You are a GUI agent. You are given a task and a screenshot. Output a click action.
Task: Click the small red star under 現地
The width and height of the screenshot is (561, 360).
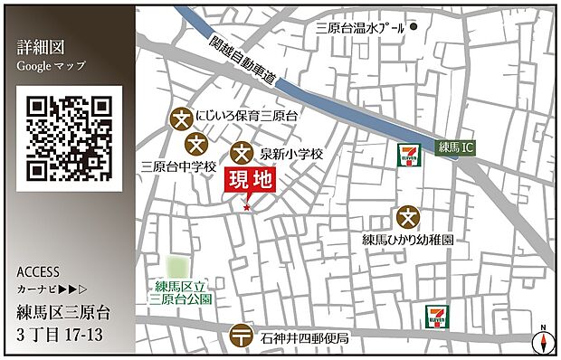pos(246,209)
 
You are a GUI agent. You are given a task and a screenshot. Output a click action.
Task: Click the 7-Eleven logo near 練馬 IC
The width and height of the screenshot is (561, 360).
pos(410,155)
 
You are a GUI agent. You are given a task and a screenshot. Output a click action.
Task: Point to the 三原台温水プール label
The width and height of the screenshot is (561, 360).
pos(359,28)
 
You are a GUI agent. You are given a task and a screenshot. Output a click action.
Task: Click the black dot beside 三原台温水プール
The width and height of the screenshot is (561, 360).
pos(414,27)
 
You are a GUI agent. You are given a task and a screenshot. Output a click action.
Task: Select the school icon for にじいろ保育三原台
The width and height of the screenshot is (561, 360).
pos(180,118)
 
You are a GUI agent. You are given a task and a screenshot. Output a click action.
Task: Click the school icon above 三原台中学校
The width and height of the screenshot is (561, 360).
pos(196,144)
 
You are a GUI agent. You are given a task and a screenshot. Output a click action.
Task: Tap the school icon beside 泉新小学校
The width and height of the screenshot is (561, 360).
pos(242,154)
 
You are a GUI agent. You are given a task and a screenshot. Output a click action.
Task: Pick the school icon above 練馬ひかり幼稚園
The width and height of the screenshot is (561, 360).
pos(408,216)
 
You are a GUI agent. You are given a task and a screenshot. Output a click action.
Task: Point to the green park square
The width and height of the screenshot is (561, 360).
pos(180,269)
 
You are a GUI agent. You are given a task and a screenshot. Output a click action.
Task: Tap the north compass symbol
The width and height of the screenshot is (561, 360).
pos(541,339)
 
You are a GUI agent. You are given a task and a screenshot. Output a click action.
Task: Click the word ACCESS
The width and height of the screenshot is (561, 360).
pos(38,271)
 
